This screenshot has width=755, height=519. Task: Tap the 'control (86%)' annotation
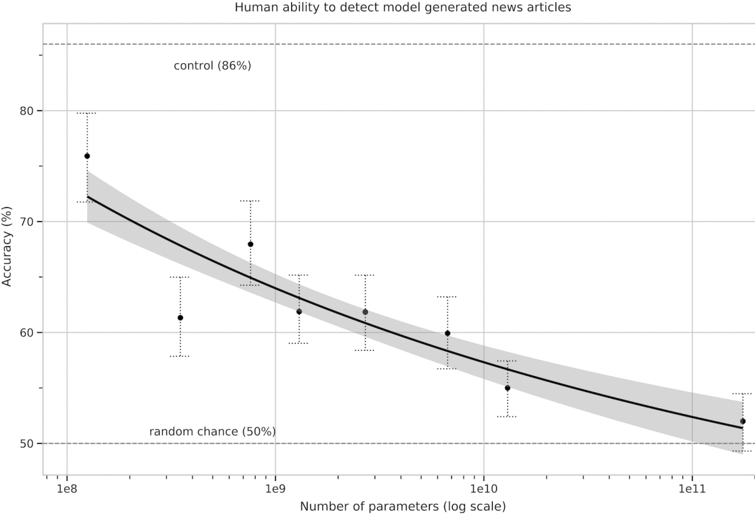[x=212, y=66]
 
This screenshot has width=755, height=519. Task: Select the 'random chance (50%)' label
[x=213, y=431]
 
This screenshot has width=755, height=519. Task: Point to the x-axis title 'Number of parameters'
[x=403, y=507]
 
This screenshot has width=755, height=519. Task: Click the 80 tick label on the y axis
[x=26, y=111]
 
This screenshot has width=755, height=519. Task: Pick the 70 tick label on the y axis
[x=26, y=222]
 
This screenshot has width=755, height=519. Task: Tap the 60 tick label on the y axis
[x=26, y=333]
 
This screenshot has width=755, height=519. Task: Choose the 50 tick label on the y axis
[x=26, y=444]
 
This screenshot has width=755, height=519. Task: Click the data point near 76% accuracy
[x=87, y=156]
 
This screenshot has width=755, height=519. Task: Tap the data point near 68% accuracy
[x=251, y=244]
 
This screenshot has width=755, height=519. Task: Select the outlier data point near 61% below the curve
[x=180, y=317]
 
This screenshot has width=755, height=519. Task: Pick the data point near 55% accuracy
[x=508, y=388]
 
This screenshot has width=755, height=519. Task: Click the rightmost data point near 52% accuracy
[x=743, y=421]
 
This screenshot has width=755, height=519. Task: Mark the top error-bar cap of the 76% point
[x=87, y=113]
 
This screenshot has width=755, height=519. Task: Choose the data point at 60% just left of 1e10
[x=447, y=333]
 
